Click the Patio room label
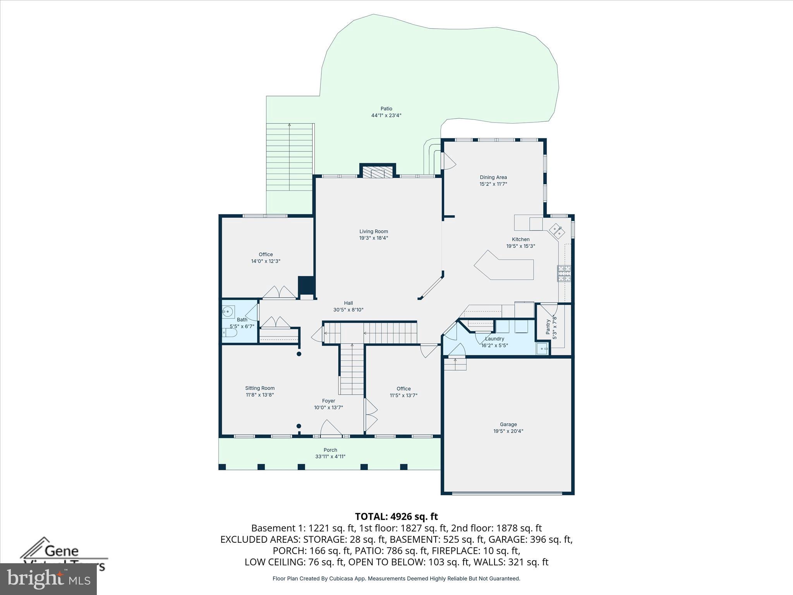[386, 109]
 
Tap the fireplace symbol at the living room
[378, 173]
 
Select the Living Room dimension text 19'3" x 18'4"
[373, 238]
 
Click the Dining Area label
[493, 177]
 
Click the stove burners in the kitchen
[564, 273]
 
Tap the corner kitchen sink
[557, 231]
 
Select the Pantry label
[548, 327]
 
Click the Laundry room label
[494, 339]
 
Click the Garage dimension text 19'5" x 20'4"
[508, 431]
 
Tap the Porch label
[330, 450]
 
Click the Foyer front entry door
[330, 428]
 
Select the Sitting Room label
[260, 388]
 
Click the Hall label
[348, 303]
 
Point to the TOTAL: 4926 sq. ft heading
[396, 516]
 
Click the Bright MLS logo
[48, 579]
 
